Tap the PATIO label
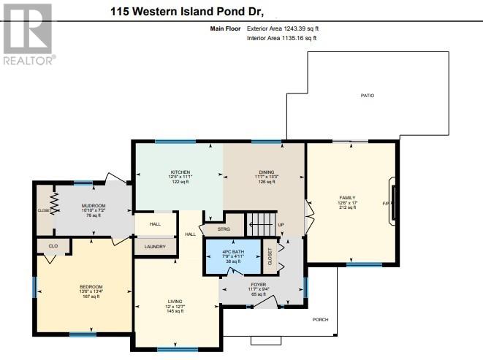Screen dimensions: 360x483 (x=367, y=96)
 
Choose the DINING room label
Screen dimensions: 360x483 (x=266, y=172)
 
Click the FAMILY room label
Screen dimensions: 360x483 (x=347, y=198)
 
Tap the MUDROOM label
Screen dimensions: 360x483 (x=94, y=206)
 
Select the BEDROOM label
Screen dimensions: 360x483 (x=91, y=286)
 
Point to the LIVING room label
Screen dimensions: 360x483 (x=174, y=302)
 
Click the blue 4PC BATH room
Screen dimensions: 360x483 (x=232, y=256)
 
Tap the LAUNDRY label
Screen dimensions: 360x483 (x=154, y=247)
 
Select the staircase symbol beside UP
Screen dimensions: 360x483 (x=260, y=221)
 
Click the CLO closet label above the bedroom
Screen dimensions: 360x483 (x=53, y=246)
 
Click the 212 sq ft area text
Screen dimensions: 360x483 (x=347, y=207)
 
